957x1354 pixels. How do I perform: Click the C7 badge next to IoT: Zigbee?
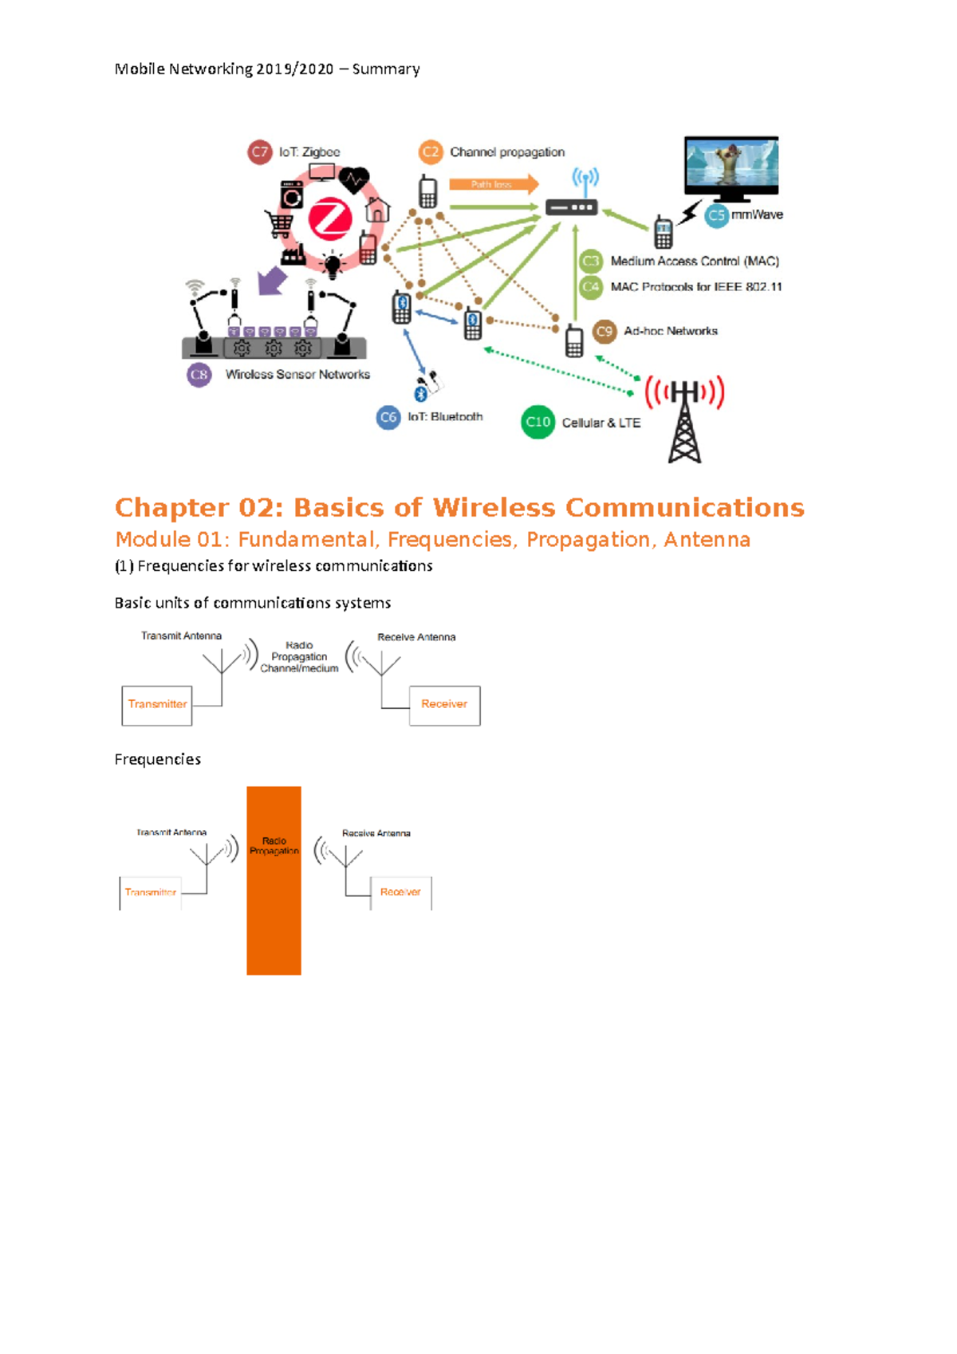[260, 152]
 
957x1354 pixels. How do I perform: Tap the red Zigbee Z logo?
[329, 219]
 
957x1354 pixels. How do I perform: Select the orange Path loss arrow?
[493, 184]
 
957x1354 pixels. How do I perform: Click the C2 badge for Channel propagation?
[431, 152]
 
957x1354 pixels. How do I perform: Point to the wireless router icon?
[572, 207]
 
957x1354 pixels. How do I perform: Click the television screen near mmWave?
[731, 163]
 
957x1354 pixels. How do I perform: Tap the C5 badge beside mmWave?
[717, 215]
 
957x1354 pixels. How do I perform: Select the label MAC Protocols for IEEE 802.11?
[695, 287]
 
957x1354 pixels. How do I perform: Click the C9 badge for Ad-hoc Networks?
[605, 331]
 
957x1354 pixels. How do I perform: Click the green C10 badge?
[538, 422]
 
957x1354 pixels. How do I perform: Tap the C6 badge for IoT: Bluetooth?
[388, 417]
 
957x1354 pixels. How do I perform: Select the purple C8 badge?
[199, 374]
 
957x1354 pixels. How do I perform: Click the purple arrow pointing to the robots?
[272, 281]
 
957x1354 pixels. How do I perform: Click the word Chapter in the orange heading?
[172, 507]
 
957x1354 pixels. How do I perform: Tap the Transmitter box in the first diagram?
[157, 705]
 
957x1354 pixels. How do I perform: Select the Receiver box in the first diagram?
[444, 705]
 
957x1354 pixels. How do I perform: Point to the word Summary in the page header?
[386, 69]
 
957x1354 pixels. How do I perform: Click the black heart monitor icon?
[353, 179]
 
